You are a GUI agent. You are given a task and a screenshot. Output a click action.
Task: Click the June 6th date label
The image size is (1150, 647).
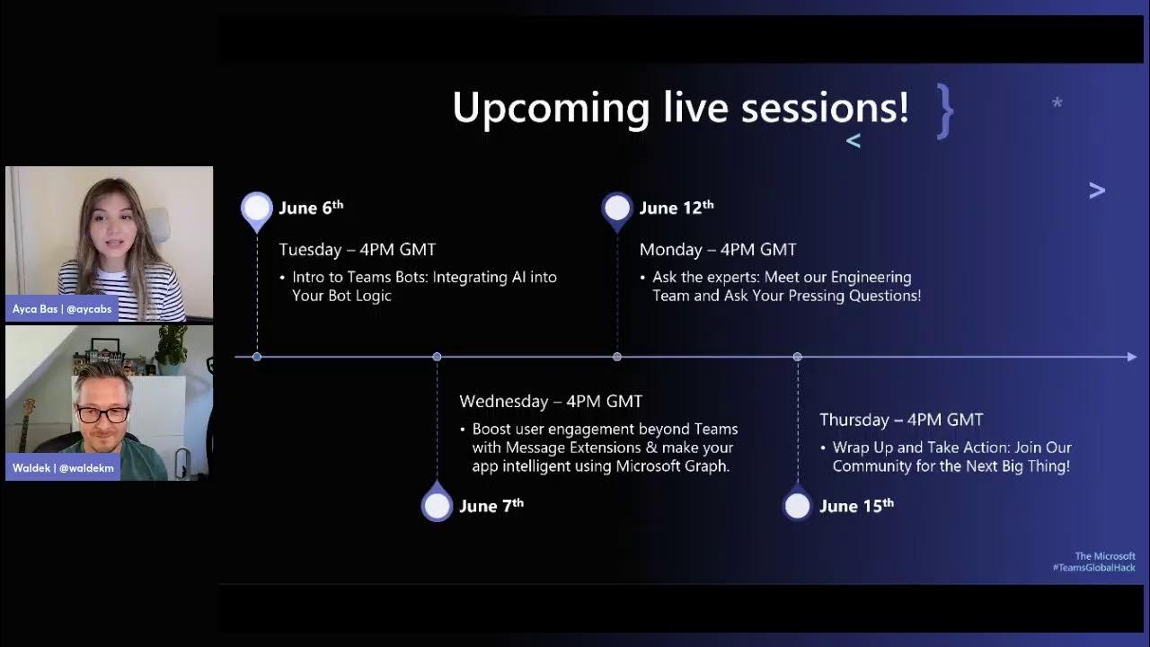tap(311, 208)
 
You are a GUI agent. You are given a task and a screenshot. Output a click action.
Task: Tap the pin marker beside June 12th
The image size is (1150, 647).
tap(617, 210)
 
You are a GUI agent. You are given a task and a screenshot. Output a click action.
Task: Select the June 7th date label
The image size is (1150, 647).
tap(491, 506)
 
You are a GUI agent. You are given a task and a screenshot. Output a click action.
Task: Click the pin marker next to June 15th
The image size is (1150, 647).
tap(797, 503)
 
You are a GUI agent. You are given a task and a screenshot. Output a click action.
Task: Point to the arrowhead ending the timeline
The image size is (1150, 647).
tap(1132, 357)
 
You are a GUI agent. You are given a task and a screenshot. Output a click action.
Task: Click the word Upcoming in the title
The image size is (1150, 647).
tap(551, 109)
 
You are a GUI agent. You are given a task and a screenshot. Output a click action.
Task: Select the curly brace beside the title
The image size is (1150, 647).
tap(944, 111)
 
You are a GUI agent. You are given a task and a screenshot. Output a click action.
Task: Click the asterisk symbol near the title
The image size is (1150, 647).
tap(1057, 102)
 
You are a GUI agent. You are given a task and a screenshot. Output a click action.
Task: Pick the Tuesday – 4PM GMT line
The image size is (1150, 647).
tap(358, 250)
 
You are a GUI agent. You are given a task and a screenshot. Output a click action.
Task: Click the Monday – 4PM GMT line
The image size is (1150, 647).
tap(718, 250)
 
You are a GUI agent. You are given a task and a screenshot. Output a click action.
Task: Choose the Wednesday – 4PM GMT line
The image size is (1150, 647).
tap(551, 401)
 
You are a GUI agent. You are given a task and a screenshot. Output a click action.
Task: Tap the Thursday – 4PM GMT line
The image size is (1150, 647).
tap(901, 420)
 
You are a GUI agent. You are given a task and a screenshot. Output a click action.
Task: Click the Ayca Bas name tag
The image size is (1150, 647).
tap(62, 309)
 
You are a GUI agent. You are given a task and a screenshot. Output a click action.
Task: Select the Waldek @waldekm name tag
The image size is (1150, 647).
tap(63, 468)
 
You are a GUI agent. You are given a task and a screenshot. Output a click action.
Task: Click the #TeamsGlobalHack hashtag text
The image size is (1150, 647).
tap(1093, 567)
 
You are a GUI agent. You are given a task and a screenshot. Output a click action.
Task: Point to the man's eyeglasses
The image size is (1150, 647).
tap(102, 414)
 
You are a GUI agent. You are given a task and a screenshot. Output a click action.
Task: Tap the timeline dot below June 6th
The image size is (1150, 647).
tap(257, 357)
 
